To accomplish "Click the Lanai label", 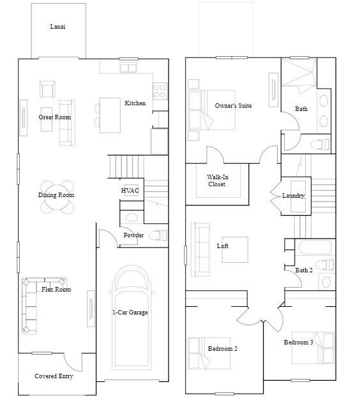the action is tap(57, 26).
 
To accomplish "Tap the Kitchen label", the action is tap(135, 103).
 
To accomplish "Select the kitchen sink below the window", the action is tap(128, 68).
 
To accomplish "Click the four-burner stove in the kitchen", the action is tap(160, 91).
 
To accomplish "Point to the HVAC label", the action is tap(130, 190).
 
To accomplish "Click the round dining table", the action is tap(57, 197).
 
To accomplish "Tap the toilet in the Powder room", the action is tap(158, 235).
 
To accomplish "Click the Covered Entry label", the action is tap(54, 376).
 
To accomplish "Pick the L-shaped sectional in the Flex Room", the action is tap(30, 305).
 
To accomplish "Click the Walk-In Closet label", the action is tap(218, 181).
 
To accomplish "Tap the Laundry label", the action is tap(293, 195).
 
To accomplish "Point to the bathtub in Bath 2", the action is tap(315, 247).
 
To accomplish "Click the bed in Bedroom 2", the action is tap(209, 353).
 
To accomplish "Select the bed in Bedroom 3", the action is tap(313, 348).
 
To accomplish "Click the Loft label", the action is tap(223, 246).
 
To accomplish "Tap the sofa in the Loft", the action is tap(200, 250).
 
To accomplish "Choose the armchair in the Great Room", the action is tap(47, 89).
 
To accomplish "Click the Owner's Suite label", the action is tap(233, 106).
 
